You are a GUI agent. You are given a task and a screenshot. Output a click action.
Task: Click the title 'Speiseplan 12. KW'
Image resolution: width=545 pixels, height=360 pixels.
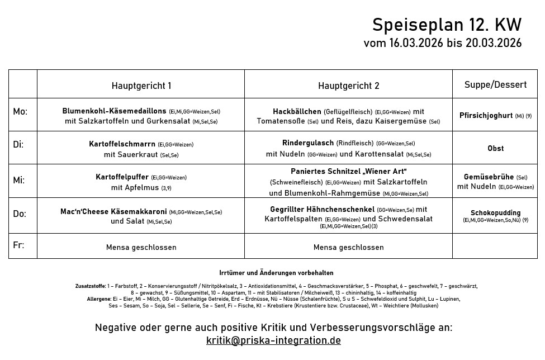[447, 25]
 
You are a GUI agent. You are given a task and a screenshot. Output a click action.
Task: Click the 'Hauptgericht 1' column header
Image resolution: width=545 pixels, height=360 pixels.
[141, 86]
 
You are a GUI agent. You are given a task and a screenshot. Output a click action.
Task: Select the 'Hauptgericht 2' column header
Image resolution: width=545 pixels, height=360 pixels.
[348, 86]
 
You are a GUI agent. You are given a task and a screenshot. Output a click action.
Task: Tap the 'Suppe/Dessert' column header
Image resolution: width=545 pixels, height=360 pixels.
[495, 84]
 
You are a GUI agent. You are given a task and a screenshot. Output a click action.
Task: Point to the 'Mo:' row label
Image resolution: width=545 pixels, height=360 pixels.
[20, 112]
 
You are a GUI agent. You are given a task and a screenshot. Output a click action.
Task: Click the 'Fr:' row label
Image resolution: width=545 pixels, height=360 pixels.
[18, 245]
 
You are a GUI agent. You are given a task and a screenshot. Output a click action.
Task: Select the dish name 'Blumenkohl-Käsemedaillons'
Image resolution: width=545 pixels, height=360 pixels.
[114, 111]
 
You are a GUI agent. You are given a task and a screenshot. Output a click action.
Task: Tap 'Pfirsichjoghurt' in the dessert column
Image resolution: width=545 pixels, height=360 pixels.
[486, 116]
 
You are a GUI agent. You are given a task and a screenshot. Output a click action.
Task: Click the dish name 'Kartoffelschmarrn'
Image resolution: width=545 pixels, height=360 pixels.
[122, 144]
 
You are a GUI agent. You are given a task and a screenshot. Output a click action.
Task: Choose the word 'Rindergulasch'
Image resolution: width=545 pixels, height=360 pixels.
[308, 143]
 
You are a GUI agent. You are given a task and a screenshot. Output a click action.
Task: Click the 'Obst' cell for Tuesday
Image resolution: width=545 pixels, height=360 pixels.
[495, 148]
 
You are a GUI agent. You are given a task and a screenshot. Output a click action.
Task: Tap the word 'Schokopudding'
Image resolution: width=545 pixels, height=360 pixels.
[495, 213]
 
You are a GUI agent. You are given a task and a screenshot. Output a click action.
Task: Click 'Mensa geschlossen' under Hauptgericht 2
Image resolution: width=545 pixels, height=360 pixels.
[348, 247]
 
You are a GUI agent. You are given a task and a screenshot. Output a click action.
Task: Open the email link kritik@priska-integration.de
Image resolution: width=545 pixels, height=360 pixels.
[273, 340]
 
